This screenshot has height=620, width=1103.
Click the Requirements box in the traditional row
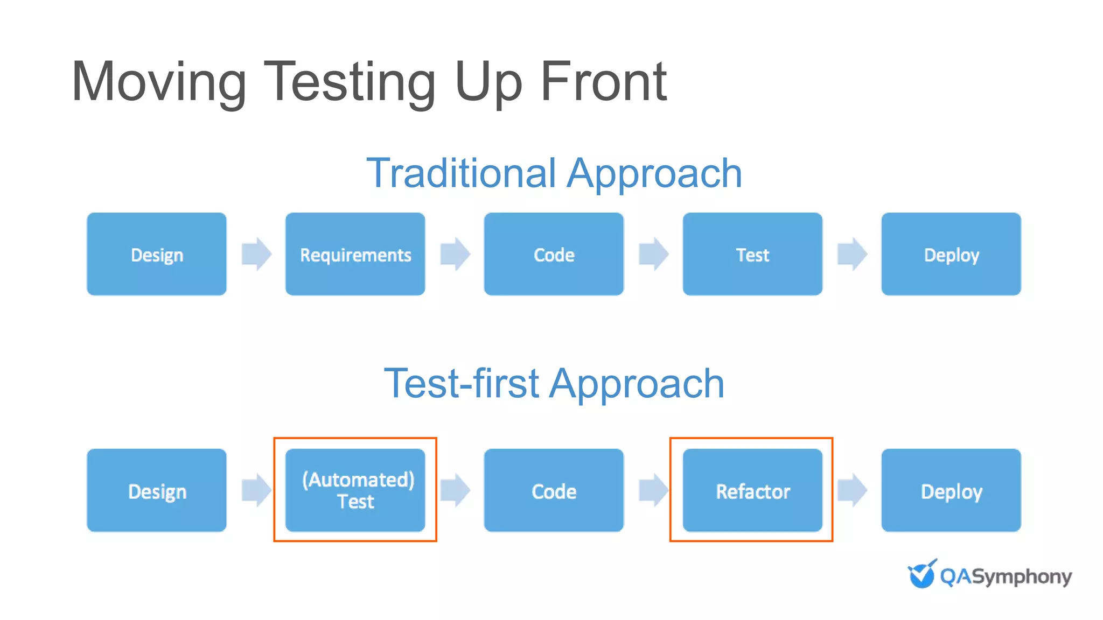pyautogui.click(x=355, y=254)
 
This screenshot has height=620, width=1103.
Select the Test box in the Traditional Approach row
pyautogui.click(x=752, y=254)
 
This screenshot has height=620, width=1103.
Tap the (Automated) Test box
pyautogui.click(x=355, y=490)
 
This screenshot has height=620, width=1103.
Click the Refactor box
pyautogui.click(x=752, y=490)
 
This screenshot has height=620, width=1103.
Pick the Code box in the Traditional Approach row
pyautogui.click(x=554, y=254)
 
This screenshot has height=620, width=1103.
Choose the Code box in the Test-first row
pyautogui.click(x=554, y=490)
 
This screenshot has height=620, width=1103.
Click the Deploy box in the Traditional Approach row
pyautogui.click(x=951, y=254)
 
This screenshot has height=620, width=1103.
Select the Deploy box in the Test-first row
pyautogui.click(x=951, y=490)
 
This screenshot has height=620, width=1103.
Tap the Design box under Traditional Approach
pyautogui.click(x=157, y=254)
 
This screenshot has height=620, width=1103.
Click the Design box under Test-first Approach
pyautogui.click(x=157, y=490)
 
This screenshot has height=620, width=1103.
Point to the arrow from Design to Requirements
pyautogui.click(x=256, y=253)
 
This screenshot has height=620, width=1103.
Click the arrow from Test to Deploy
pyautogui.click(x=853, y=253)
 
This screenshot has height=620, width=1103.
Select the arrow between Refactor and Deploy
pyautogui.click(x=853, y=490)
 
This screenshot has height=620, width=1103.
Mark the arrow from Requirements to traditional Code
pyautogui.click(x=455, y=253)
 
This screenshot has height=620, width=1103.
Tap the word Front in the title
pyautogui.click(x=603, y=82)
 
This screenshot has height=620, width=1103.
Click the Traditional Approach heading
pyautogui.click(x=554, y=173)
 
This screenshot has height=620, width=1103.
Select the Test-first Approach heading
pyautogui.click(x=554, y=383)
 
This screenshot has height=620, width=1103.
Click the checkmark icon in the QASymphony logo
pyautogui.click(x=922, y=574)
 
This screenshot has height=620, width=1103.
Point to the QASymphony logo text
pyautogui.click(x=1006, y=576)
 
